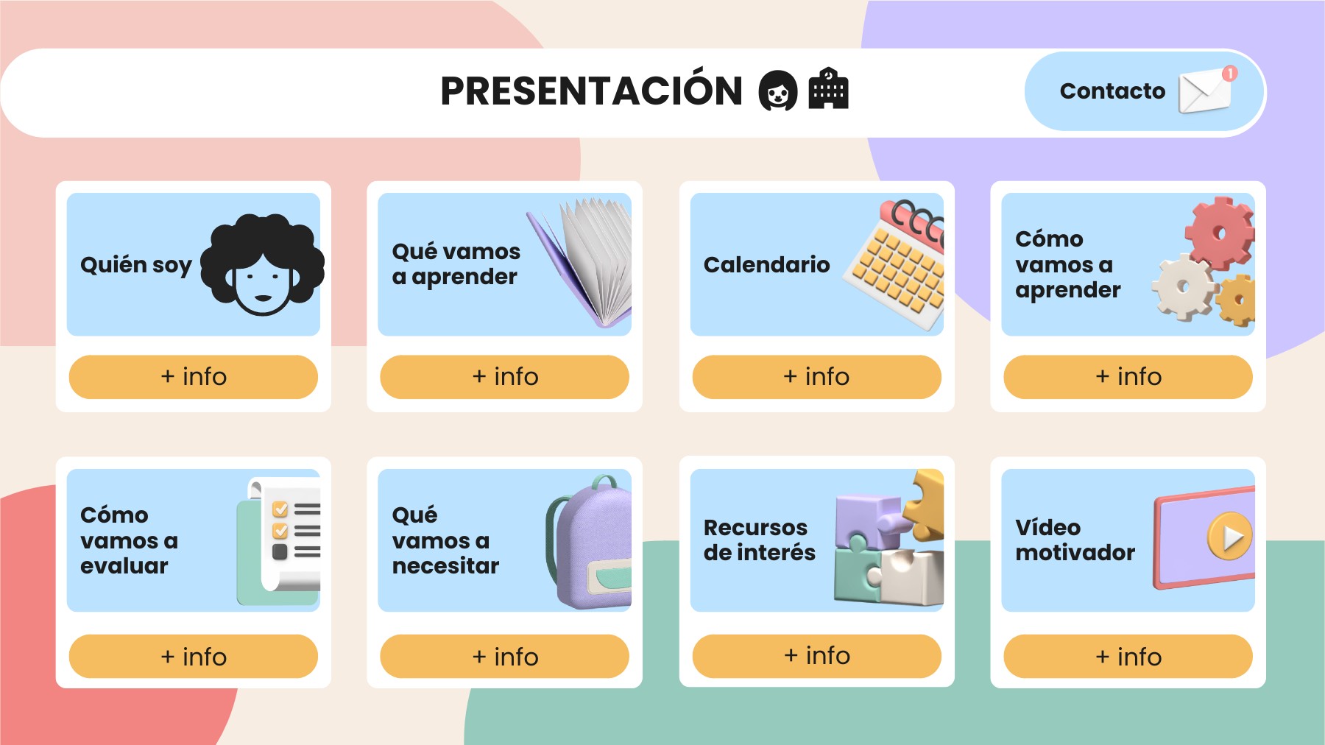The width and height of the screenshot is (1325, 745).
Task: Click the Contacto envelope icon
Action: pyautogui.click(x=1204, y=93)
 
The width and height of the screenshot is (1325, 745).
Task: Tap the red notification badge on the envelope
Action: pyautogui.click(x=1229, y=74)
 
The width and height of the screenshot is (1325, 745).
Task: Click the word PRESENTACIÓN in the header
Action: pyautogui.click(x=591, y=91)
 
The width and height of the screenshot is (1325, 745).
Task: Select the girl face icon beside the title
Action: pyautogui.click(x=777, y=91)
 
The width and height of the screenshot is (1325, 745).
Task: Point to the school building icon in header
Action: pyautogui.click(x=828, y=90)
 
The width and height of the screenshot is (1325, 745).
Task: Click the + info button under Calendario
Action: pyautogui.click(x=816, y=377)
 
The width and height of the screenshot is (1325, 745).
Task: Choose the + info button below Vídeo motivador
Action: pyautogui.click(x=1128, y=657)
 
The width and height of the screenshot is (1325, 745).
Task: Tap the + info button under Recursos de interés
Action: pyautogui.click(x=816, y=656)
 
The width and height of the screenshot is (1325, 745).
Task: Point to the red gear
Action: pyautogui.click(x=1218, y=232)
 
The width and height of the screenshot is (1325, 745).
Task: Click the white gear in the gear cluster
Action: pyautogui.click(x=1183, y=287)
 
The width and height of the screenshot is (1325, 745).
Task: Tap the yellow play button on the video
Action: pyautogui.click(x=1229, y=537)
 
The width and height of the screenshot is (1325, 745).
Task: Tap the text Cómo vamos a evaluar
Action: pyautogui.click(x=130, y=540)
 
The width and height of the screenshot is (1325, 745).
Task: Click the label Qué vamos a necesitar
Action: pyautogui.click(x=445, y=540)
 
